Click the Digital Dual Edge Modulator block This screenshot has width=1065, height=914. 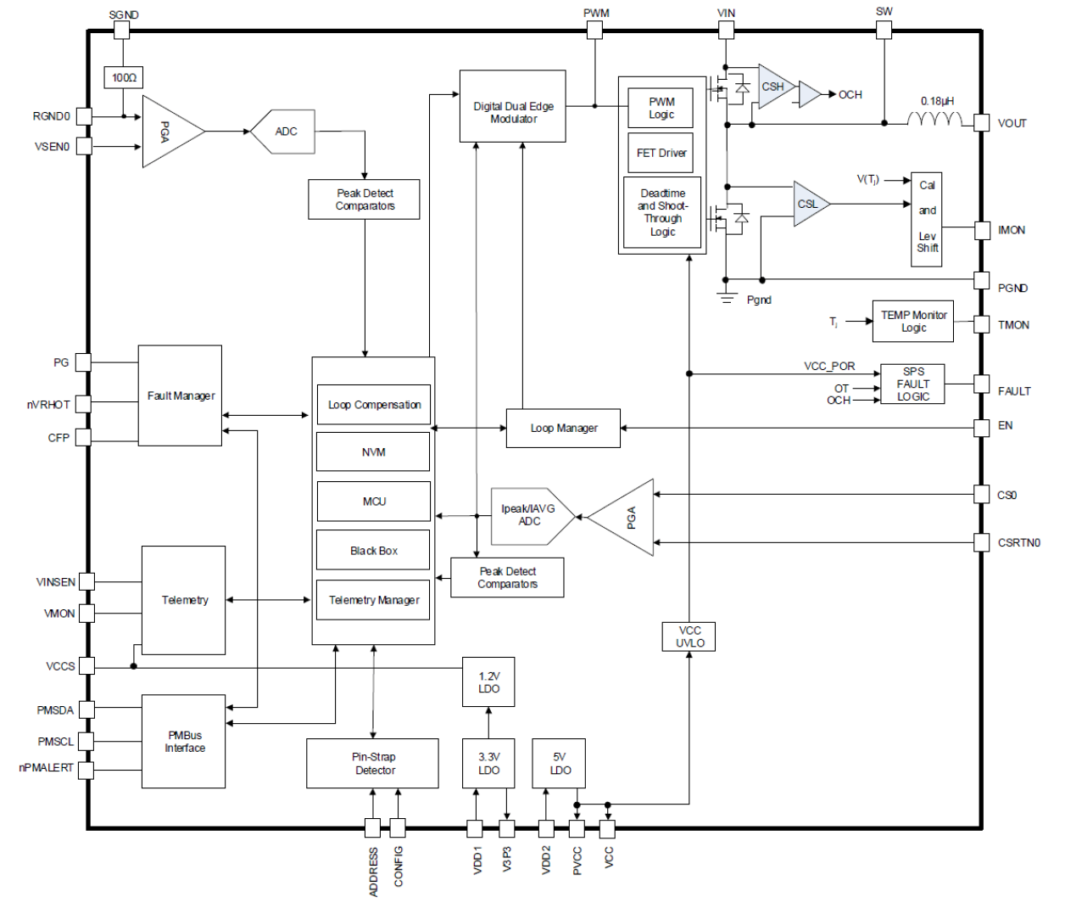tap(512, 106)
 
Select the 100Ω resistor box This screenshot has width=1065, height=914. tap(124, 77)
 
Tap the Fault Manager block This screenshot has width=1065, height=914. tap(180, 395)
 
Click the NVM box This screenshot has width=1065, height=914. tap(373, 452)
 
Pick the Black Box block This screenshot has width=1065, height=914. tap(373, 551)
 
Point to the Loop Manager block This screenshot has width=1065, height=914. tap(563, 429)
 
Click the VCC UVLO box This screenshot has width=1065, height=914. tap(689, 636)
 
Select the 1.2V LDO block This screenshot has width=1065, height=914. tap(488, 682)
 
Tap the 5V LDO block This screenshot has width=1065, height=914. tap(559, 764)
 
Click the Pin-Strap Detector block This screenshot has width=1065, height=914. tap(373, 764)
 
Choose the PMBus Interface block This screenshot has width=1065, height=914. tap(184, 742)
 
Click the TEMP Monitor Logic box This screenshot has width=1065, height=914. tap(912, 322)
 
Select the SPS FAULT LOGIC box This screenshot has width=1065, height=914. tap(912, 384)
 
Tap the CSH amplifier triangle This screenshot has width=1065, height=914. tap(774, 87)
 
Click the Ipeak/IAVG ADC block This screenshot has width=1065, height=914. tap(530, 516)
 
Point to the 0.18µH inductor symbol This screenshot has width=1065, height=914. tap(934, 119)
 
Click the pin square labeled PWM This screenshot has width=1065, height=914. tap(594, 31)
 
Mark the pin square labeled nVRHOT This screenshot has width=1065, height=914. tap(84, 404)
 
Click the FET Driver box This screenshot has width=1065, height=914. tap(661, 154)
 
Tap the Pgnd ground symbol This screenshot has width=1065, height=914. tap(726, 296)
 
